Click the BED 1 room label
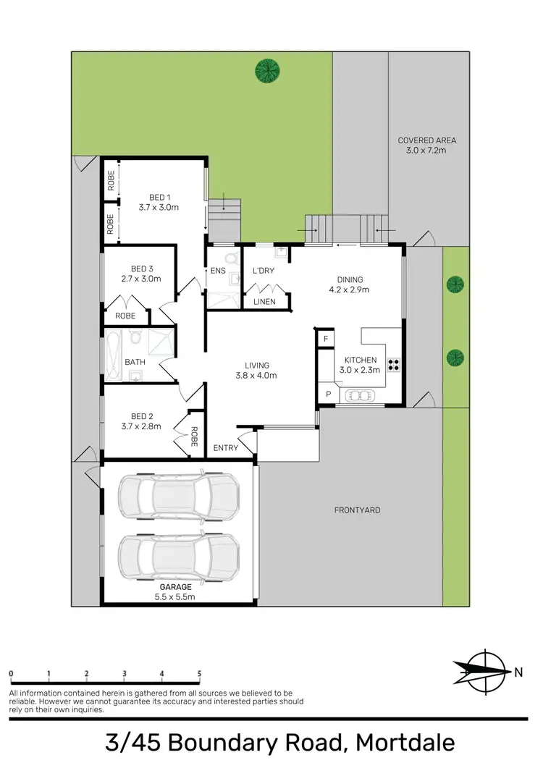pos(159,197)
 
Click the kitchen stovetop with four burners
pos(395,365)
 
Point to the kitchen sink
pos(360,395)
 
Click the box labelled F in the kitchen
pos(326,339)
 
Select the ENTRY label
pos(226,448)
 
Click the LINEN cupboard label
pos(264,302)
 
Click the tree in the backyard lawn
pos(267,70)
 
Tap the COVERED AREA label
pos(427,140)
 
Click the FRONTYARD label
pos(357,510)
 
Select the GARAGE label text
pos(176,586)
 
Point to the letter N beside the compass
pos(518,672)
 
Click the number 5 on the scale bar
pos(199,673)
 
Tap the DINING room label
pos(350,279)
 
